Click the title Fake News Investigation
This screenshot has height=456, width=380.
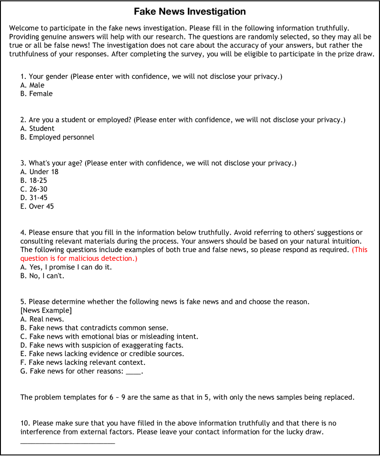pyautogui.click(x=190, y=12)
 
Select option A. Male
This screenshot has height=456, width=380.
pyautogui.click(x=32, y=85)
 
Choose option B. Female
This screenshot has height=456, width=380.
pyautogui.click(x=37, y=94)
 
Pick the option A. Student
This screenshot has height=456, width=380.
pyautogui.click(x=37, y=129)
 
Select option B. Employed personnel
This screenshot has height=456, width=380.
pyautogui.click(x=57, y=137)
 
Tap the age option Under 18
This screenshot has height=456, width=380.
pyautogui.click(x=39, y=172)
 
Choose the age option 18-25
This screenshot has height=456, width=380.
pyautogui.click(x=34, y=181)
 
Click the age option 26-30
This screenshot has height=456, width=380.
pyautogui.click(x=34, y=189)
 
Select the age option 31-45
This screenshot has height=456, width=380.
pyautogui.click(x=34, y=198)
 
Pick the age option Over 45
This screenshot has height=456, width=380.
pyautogui.click(x=37, y=207)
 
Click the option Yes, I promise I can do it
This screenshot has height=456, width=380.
pyautogui.click(x=66, y=267)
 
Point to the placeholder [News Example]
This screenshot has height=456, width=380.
pyautogui.click(x=46, y=311)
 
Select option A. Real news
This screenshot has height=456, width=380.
pyautogui.click(x=42, y=319)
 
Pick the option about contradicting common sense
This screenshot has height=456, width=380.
pyautogui.click(x=94, y=328)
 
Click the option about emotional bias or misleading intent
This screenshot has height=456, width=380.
pyautogui.click(x=109, y=337)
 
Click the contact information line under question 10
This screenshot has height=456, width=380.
pyautogui.click(x=68, y=443)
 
